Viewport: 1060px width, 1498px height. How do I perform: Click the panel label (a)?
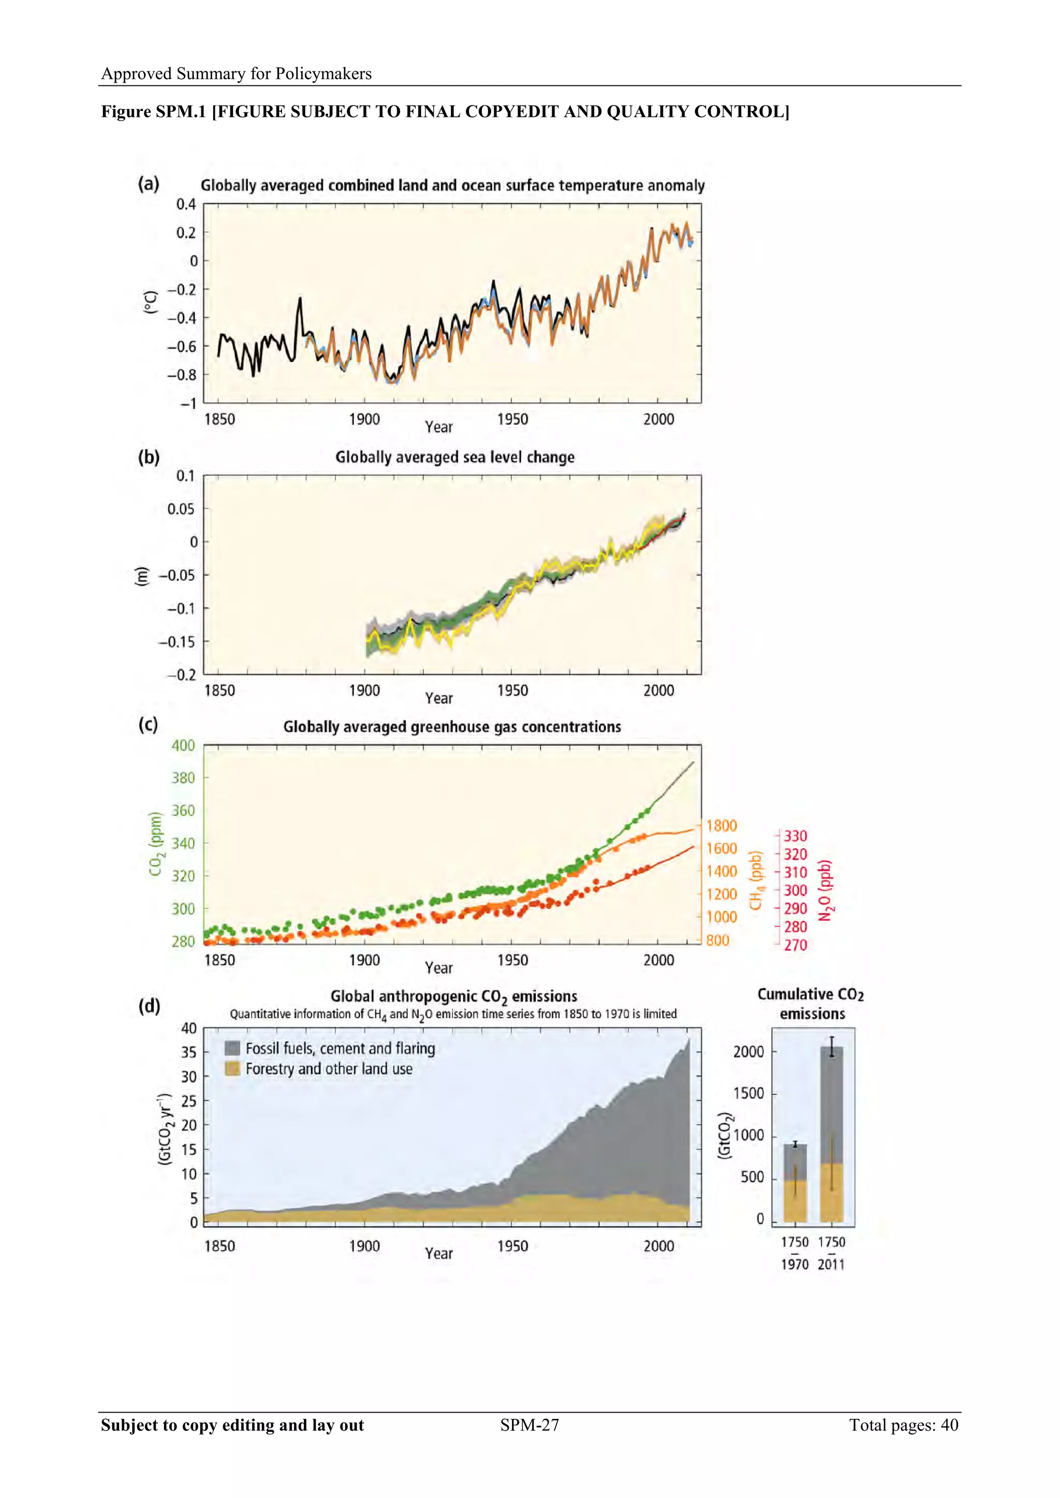[148, 184]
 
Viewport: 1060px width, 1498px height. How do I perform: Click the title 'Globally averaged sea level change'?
[455, 457]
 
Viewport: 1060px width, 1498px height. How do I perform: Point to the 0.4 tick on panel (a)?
[186, 204]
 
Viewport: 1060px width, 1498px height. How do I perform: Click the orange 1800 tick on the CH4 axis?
[721, 826]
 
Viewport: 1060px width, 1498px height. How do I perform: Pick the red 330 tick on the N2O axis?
[796, 836]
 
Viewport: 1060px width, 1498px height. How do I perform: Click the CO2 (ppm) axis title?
[155, 844]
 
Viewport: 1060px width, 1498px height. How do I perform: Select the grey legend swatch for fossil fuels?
[232, 1048]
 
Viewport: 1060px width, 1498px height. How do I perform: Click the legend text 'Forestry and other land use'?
[329, 1069]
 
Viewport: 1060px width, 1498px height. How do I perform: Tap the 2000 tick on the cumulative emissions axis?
[748, 1052]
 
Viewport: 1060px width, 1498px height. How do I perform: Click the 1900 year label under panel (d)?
[364, 1246]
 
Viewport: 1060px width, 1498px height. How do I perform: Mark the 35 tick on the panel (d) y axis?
[188, 1053]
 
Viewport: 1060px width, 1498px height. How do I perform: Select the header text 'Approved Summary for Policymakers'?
[237, 74]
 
